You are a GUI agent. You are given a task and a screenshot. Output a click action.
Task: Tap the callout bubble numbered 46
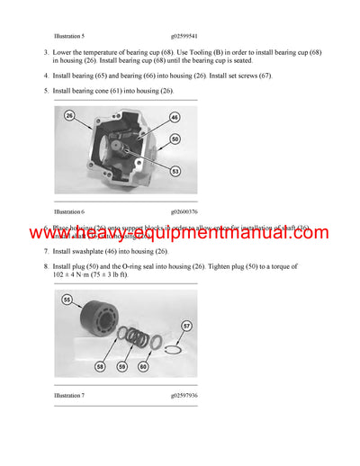(x=174, y=117)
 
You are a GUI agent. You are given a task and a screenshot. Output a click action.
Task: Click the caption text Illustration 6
(x=69, y=211)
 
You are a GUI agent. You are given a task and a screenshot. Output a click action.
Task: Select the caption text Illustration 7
(x=69, y=396)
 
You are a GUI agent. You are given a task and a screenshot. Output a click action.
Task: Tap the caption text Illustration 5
(x=69, y=36)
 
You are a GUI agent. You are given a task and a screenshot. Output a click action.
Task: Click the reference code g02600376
(x=184, y=211)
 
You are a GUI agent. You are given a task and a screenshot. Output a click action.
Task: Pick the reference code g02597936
(x=184, y=396)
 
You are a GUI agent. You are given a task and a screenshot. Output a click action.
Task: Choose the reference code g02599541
(x=184, y=36)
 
